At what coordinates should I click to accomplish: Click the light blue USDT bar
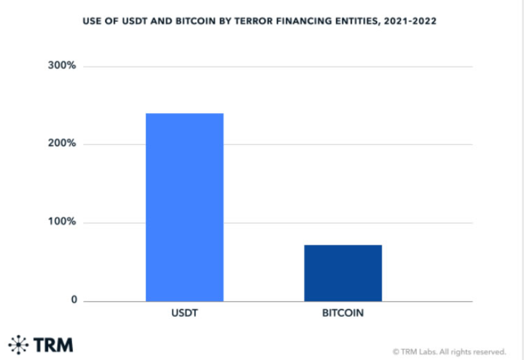(x=185, y=207)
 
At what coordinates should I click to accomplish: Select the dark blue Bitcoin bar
(x=343, y=273)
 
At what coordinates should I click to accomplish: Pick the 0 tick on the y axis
(x=74, y=301)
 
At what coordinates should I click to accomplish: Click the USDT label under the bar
(x=185, y=314)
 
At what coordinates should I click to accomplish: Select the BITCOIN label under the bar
(x=343, y=314)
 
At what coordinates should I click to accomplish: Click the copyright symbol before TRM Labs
(x=396, y=352)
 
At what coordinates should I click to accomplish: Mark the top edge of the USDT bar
(x=185, y=114)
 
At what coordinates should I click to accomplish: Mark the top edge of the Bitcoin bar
(x=343, y=245)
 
